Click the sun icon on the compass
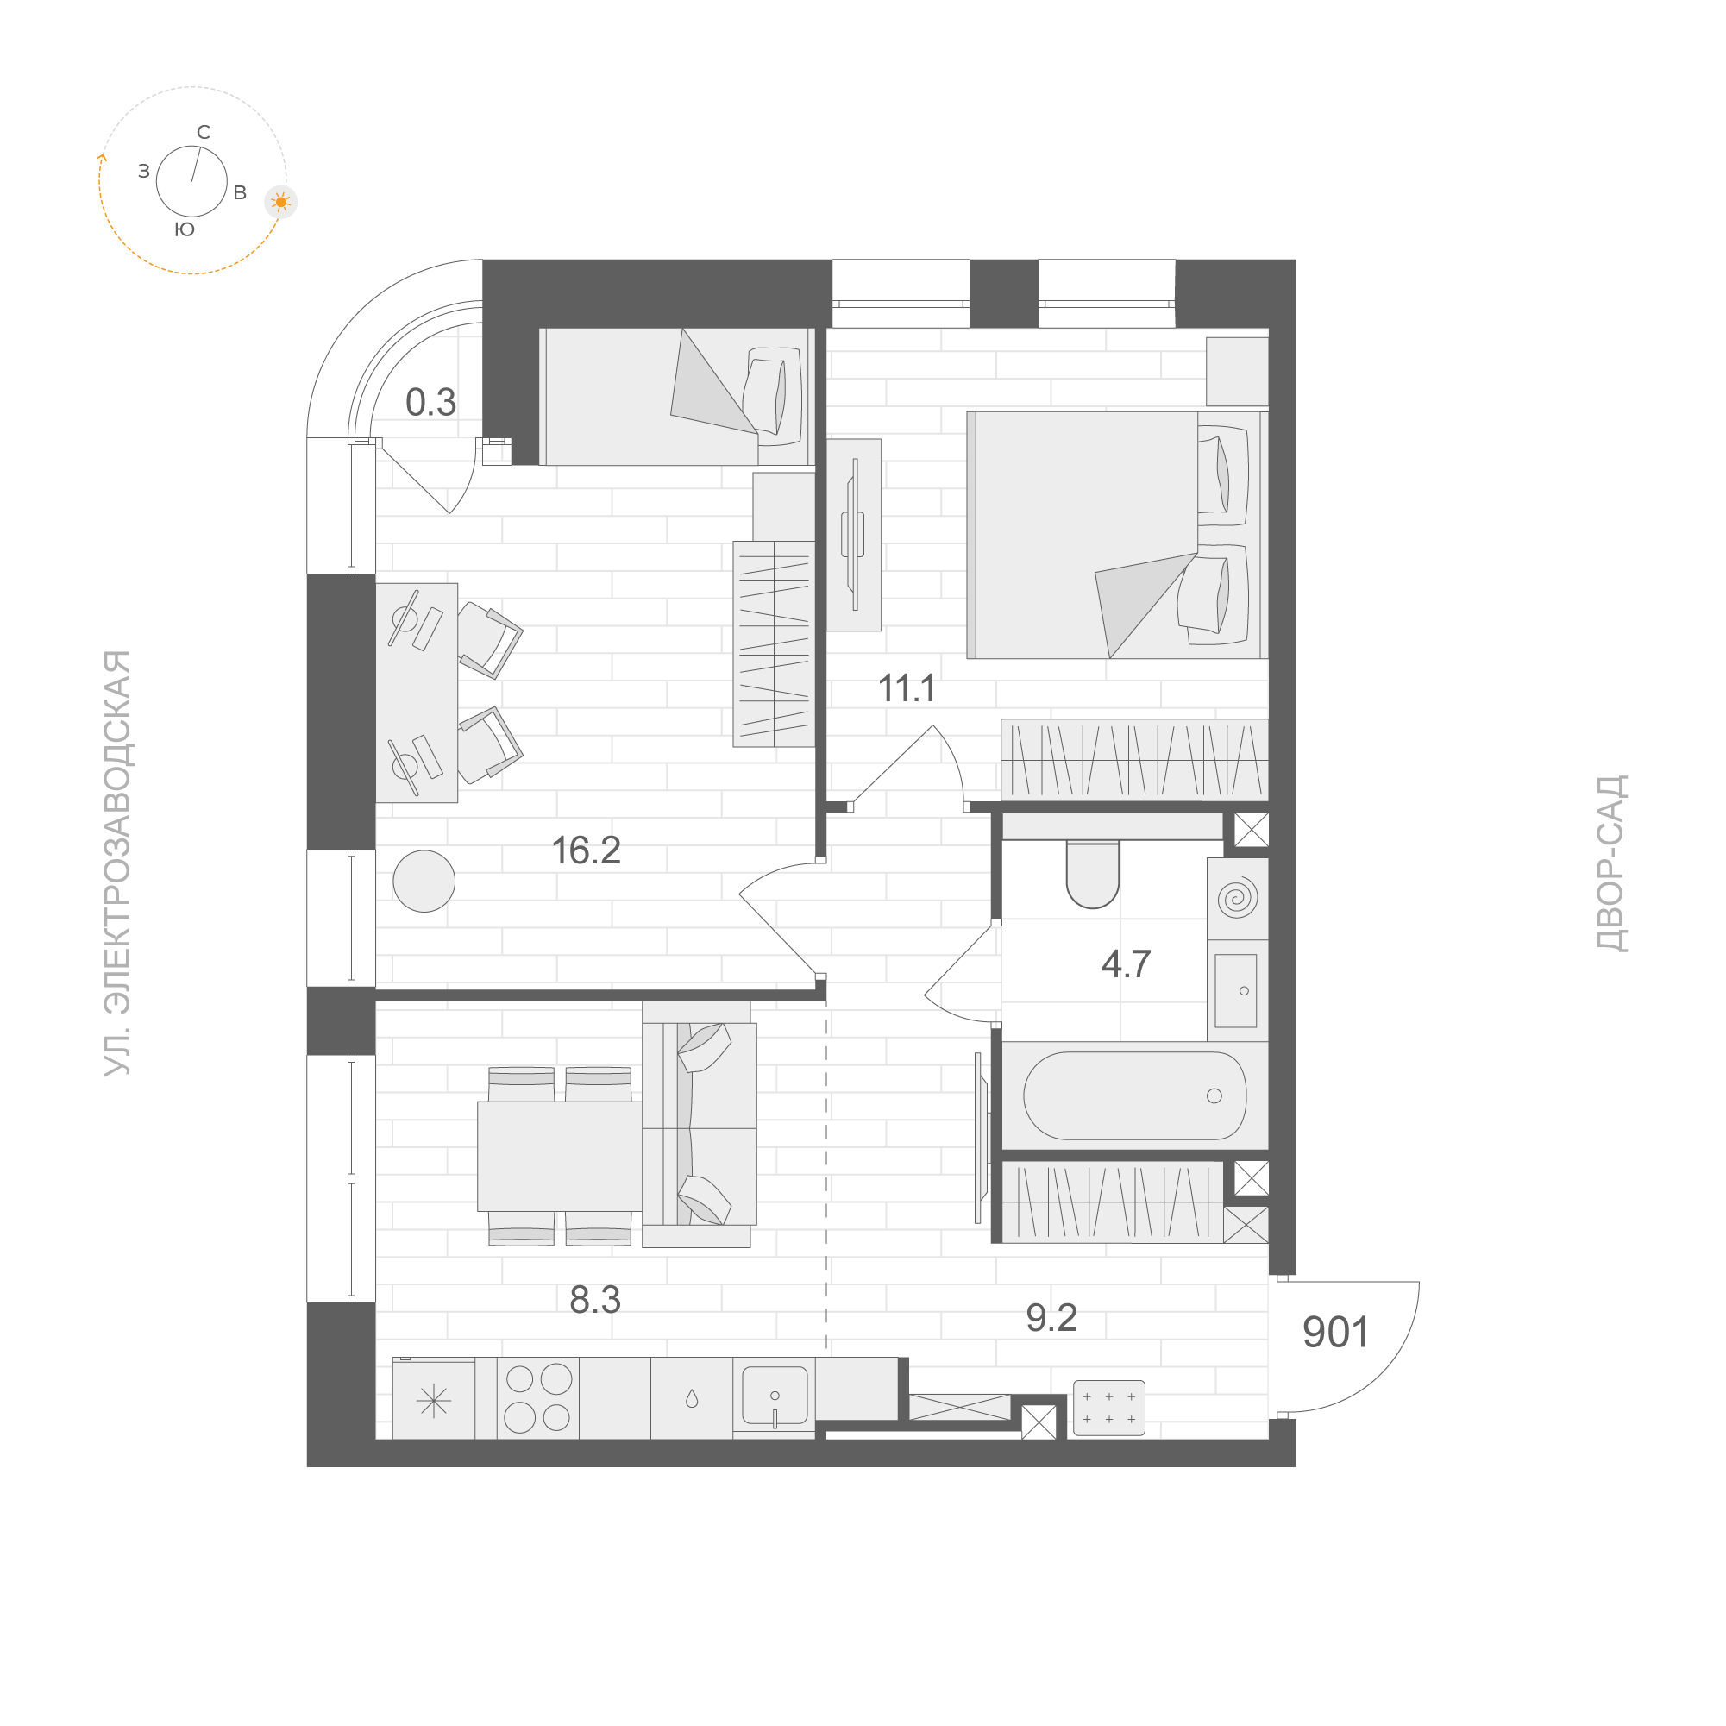pyautogui.click(x=281, y=202)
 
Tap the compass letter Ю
pyautogui.click(x=184, y=229)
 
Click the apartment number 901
pyautogui.click(x=1334, y=1332)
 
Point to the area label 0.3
pyautogui.click(x=430, y=402)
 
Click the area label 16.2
pyautogui.click(x=586, y=850)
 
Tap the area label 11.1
pyautogui.click(x=907, y=688)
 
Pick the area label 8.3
pyautogui.click(x=594, y=1299)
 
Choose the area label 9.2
pyautogui.click(x=1051, y=1318)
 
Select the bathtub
pyautogui.click(x=1133, y=1095)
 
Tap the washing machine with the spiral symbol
pyautogui.click(x=1237, y=898)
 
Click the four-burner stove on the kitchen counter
pyautogui.click(x=538, y=1398)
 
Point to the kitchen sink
pyautogui.click(x=774, y=1396)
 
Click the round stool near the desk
pyautogui.click(x=424, y=881)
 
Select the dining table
pyautogui.click(x=559, y=1156)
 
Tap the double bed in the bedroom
pyautogui.click(x=1117, y=535)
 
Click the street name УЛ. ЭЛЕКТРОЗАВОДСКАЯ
pyautogui.click(x=117, y=863)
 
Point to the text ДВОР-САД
pyautogui.click(x=1611, y=863)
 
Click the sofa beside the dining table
pyautogui.click(x=699, y=1124)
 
